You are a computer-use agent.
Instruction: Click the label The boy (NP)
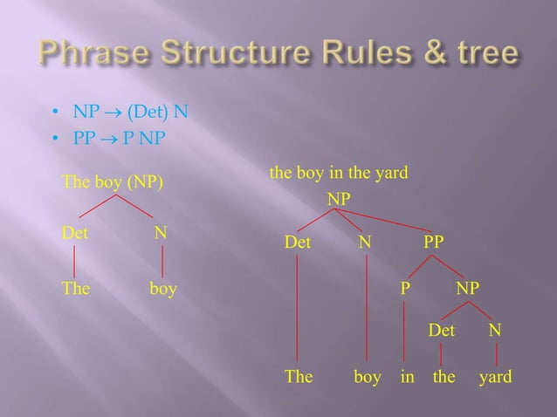111,181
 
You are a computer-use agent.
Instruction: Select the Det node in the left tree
74,234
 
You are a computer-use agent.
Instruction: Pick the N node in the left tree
161,234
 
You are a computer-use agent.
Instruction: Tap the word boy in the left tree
162,289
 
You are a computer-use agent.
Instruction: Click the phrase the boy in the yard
340,174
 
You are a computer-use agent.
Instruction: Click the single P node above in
405,287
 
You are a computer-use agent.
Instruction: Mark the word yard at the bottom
496,378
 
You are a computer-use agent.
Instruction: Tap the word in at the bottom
407,378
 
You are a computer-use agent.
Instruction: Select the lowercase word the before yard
444,378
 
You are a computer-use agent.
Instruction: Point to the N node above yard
495,331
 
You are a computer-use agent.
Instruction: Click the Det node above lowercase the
442,331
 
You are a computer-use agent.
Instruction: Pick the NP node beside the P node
467,287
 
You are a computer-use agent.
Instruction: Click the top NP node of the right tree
340,200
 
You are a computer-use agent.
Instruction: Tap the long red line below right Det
299,310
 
